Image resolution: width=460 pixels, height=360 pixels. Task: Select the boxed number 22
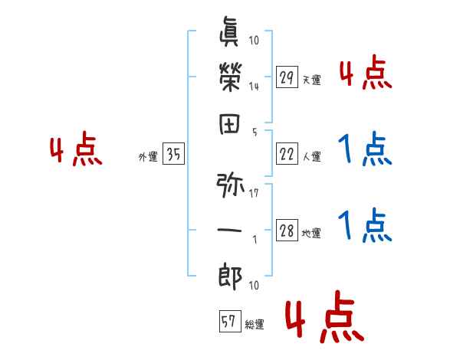[287, 153]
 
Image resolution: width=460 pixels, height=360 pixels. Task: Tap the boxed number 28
[287, 231]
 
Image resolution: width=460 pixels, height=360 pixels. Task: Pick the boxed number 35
[173, 153]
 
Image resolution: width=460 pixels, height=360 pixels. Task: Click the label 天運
[311, 80]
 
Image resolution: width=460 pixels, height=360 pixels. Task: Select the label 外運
[147, 157]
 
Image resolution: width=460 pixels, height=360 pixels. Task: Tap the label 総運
[255, 325]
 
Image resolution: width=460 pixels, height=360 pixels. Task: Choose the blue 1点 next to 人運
[364, 150]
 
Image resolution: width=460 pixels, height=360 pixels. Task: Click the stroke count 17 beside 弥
[254, 194]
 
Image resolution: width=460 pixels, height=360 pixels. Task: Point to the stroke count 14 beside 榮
[254, 86]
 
